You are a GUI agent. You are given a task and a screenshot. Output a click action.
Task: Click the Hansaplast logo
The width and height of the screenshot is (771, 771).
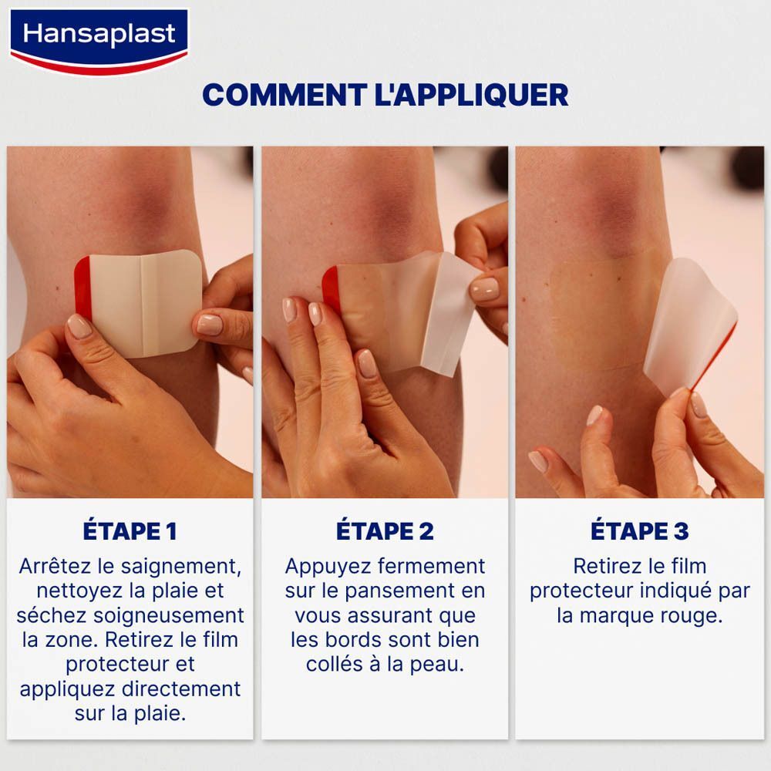pyautogui.click(x=99, y=38)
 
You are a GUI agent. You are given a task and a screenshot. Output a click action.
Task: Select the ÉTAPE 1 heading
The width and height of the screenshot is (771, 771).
pyautogui.click(x=130, y=531)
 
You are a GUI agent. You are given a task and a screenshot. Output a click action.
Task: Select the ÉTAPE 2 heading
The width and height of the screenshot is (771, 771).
pyautogui.click(x=385, y=531)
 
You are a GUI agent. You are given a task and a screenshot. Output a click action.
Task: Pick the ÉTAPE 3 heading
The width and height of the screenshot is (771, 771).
pyautogui.click(x=639, y=531)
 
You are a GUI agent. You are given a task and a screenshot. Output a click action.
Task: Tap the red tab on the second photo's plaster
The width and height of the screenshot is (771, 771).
pyautogui.click(x=331, y=289)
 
